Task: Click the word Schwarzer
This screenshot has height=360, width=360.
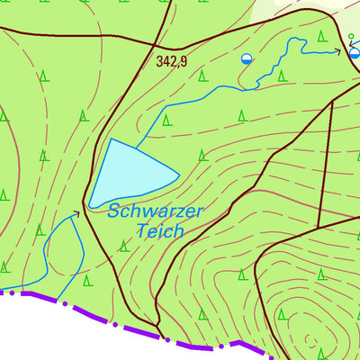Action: tap(156, 212)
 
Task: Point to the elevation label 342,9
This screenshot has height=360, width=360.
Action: tap(171, 61)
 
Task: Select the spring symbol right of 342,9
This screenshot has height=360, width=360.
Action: tap(247, 58)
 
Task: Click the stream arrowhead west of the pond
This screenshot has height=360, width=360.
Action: tap(76, 213)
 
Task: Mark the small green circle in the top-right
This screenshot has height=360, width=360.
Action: tap(351, 36)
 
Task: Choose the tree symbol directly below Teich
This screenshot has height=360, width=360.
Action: tap(123, 246)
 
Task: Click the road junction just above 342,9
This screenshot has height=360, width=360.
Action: tap(178, 48)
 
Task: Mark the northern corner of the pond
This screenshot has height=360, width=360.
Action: tap(112, 139)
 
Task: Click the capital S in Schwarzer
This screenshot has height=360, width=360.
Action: tap(114, 213)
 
